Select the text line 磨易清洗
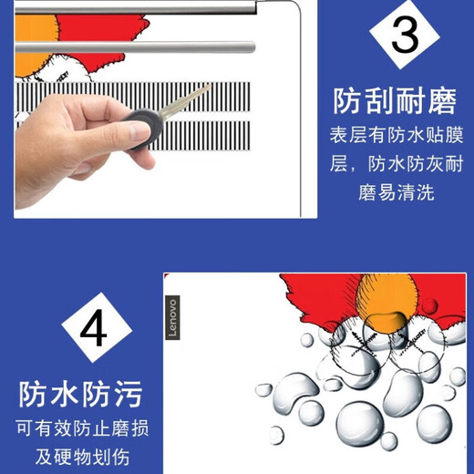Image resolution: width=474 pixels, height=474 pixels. (x=395, y=192)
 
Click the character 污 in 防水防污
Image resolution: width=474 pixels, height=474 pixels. (x=129, y=394)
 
